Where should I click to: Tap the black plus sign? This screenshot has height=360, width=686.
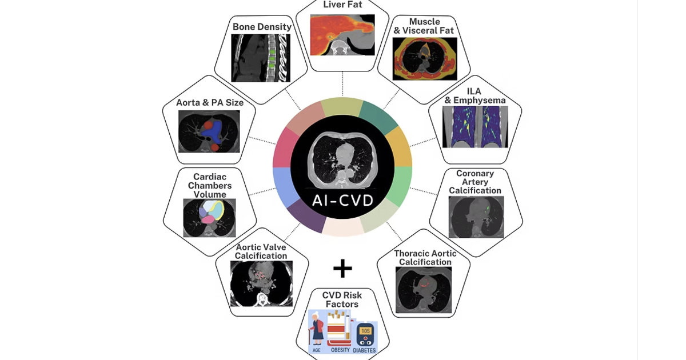[342, 268]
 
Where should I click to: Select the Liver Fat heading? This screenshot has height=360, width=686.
[343, 5]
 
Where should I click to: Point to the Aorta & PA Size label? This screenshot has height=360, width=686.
[210, 103]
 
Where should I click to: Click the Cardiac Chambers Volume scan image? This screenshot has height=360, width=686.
[209, 218]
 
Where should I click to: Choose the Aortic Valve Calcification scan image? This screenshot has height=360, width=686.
[261, 283]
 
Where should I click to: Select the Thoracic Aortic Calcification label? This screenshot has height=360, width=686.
[425, 258]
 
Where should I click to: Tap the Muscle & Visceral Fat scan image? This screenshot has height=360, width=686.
[425, 58]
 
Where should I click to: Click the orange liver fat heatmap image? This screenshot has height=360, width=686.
[342, 35]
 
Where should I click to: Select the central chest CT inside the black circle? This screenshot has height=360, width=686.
[343, 159]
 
